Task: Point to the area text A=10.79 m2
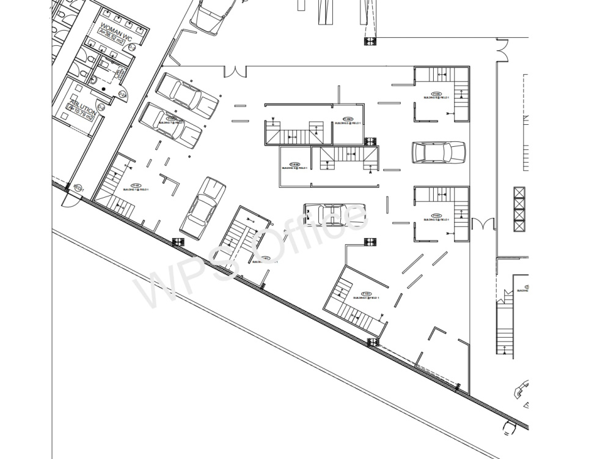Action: (x=80, y=112)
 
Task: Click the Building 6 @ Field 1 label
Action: (x=437, y=96)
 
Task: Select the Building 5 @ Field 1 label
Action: (x=437, y=217)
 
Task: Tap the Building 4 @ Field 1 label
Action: (x=366, y=296)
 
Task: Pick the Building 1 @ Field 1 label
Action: (x=136, y=188)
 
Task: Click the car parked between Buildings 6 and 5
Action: (x=439, y=153)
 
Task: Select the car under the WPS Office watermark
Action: (x=334, y=215)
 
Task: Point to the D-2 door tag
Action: (x=122, y=94)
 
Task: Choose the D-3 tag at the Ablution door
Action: (x=101, y=108)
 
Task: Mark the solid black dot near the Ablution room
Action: (x=104, y=89)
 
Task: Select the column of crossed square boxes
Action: (x=519, y=209)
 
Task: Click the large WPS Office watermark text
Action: (x=251, y=257)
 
